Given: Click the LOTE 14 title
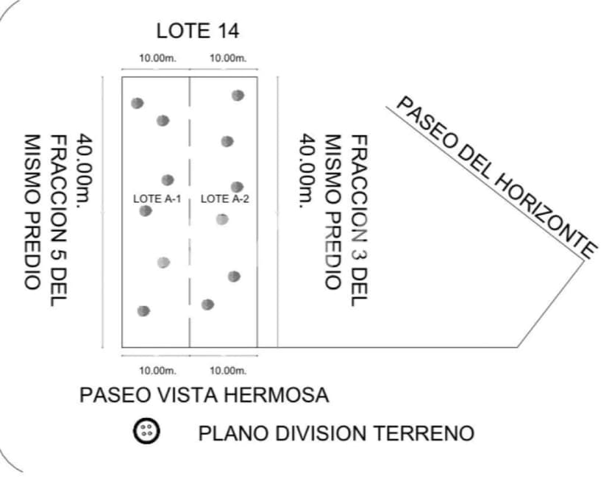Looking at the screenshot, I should pyautogui.click(x=198, y=31).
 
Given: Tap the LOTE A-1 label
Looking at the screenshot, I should pyautogui.click(x=157, y=199).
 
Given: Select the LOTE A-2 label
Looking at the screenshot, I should pyautogui.click(x=224, y=199).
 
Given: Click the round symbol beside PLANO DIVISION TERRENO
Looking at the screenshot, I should pyautogui.click(x=146, y=432).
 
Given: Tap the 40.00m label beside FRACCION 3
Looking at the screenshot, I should pyautogui.click(x=307, y=171).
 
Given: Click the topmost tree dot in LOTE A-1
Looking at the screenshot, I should pyautogui.click(x=137, y=103).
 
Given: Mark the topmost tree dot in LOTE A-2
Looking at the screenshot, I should pyautogui.click(x=238, y=95).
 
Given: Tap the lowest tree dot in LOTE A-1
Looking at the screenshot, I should pyautogui.click(x=144, y=310).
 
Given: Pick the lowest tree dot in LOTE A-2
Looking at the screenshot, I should pyautogui.click(x=208, y=304).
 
